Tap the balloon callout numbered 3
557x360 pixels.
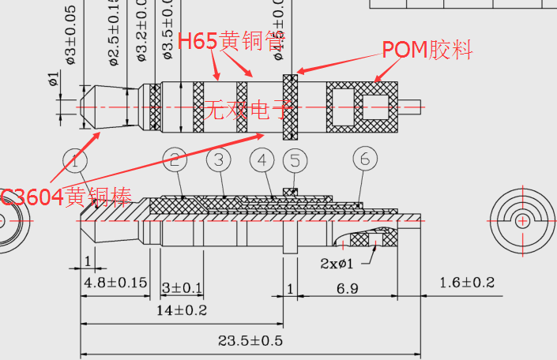(x=219, y=160)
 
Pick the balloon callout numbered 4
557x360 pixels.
(x=262, y=160)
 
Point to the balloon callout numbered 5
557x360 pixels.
(x=295, y=161)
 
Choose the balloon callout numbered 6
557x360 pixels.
(x=364, y=159)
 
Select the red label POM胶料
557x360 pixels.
(x=427, y=50)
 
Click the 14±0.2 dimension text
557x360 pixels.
(x=183, y=310)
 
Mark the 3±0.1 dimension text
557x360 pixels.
(x=182, y=287)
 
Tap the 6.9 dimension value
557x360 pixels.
(x=348, y=288)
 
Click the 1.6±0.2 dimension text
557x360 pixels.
(x=467, y=282)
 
